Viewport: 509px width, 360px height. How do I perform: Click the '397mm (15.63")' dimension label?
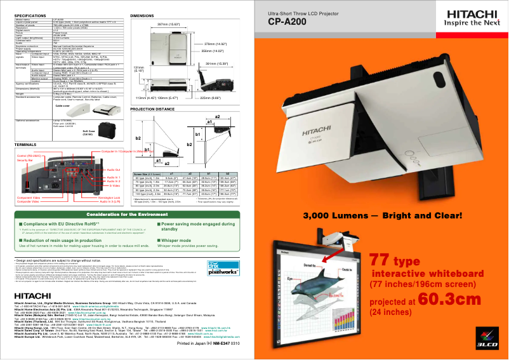pos(171,24)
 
